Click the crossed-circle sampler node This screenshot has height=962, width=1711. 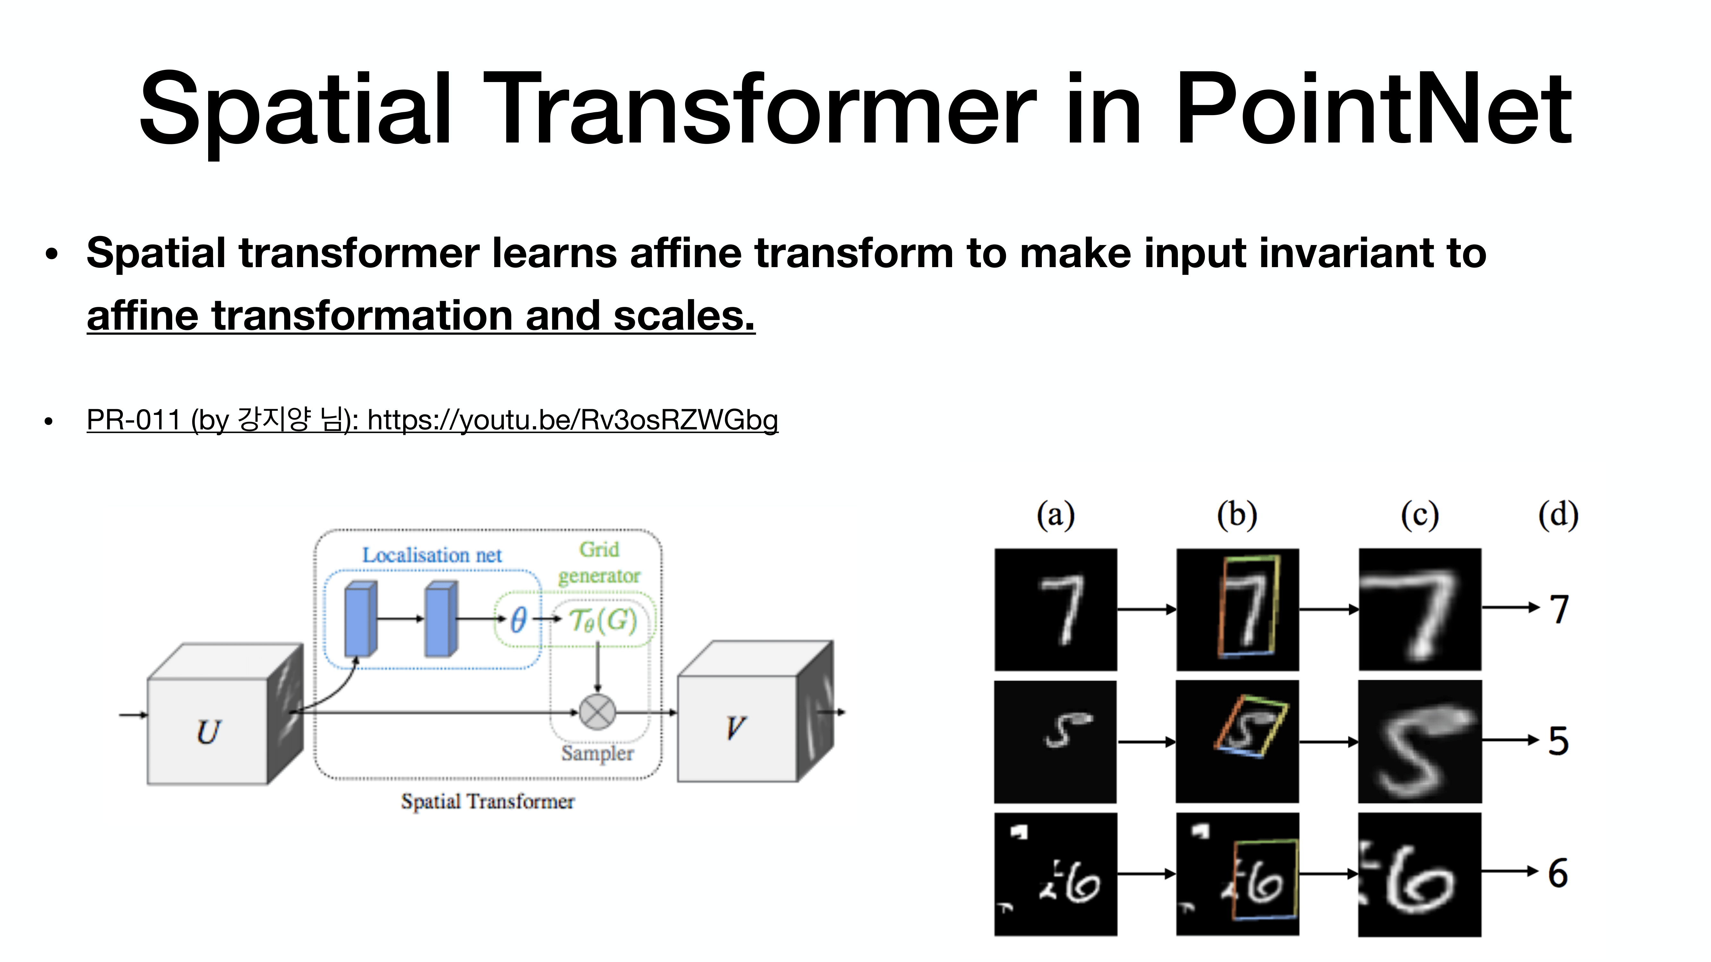pos(597,713)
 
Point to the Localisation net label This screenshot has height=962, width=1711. pos(432,555)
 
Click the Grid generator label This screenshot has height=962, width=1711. pos(599,562)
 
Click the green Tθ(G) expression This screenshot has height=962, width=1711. pos(603,621)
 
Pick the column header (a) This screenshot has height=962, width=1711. pos(1055,515)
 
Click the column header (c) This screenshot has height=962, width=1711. pos(1419,515)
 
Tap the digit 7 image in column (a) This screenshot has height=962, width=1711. pos(1055,610)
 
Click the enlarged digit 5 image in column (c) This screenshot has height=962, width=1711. pos(1419,742)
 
